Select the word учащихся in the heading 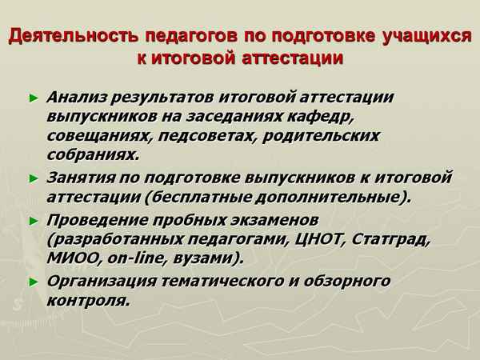click(428, 38)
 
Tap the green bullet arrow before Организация click(34, 282)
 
